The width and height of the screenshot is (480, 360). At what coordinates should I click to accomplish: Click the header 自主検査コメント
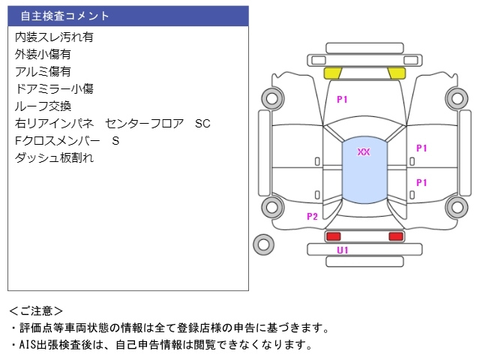[64, 16]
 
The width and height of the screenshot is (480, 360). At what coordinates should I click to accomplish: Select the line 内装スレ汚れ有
[54, 37]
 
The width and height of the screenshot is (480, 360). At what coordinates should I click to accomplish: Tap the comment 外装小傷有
[43, 54]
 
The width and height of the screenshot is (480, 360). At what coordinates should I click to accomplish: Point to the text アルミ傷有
[43, 71]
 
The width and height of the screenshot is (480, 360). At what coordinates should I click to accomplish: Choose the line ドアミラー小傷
[54, 88]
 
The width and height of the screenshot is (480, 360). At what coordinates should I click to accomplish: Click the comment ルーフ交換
[43, 106]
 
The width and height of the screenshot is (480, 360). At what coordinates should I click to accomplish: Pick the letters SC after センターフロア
[202, 123]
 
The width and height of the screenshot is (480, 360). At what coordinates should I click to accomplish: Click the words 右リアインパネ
[54, 123]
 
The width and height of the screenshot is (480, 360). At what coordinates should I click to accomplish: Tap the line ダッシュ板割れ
[54, 157]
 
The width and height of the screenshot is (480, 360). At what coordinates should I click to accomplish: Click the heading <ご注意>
[36, 310]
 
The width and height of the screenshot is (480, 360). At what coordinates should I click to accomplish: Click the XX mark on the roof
[364, 152]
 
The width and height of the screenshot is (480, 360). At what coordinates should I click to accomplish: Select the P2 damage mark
[312, 217]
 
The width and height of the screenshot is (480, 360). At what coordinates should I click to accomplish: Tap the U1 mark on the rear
[342, 250]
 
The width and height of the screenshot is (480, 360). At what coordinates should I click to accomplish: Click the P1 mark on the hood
[342, 99]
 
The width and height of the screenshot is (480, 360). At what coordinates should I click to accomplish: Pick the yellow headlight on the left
[332, 73]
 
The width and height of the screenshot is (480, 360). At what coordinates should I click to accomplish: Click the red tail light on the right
[395, 236]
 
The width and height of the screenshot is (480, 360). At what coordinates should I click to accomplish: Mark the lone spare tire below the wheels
[262, 243]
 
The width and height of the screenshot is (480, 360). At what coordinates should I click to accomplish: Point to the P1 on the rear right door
[421, 182]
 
